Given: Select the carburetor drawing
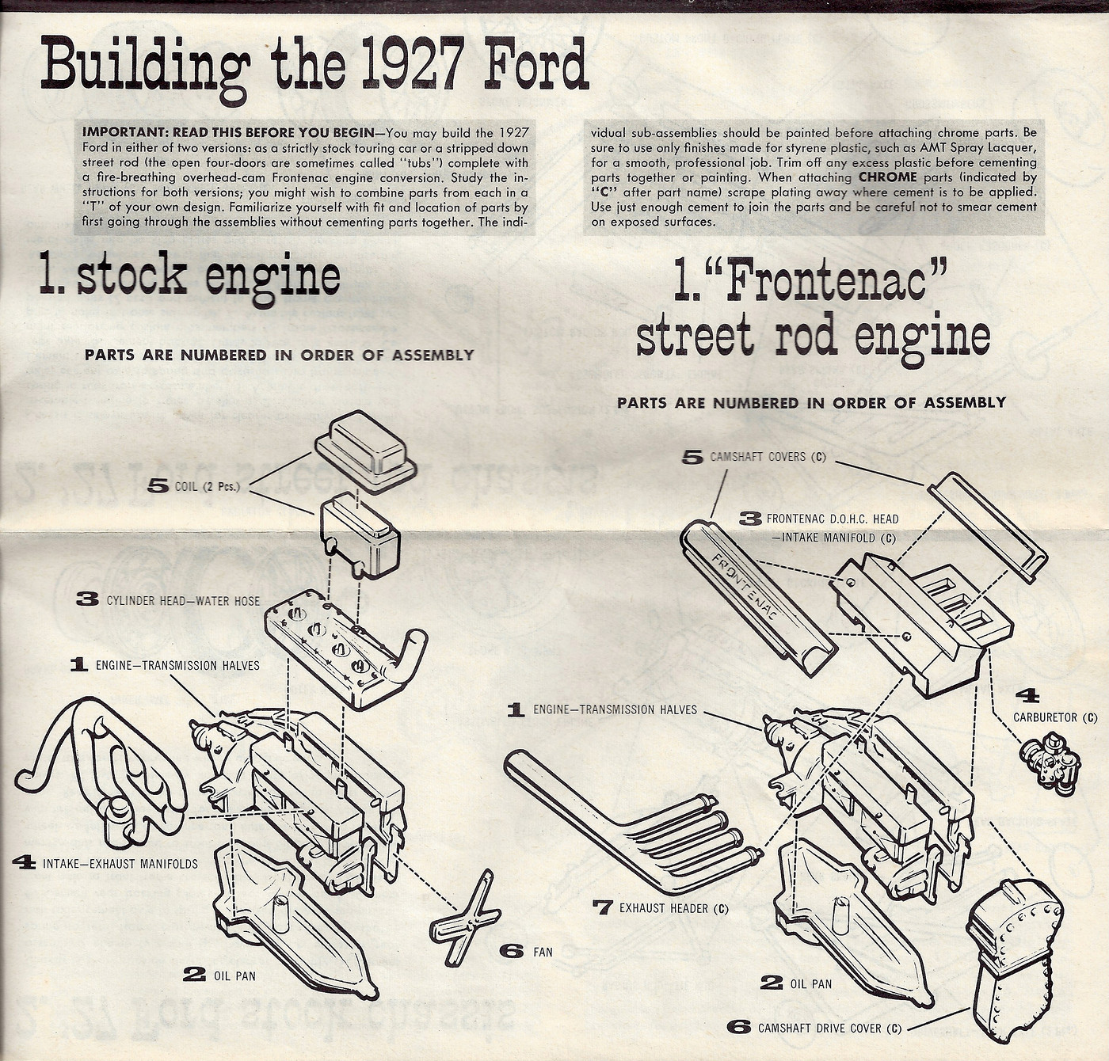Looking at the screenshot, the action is tap(1050, 764).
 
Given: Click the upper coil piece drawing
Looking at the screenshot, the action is tap(366, 451).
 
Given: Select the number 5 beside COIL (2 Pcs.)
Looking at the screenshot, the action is tap(158, 486).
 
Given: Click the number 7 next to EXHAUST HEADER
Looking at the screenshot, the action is tap(602, 907).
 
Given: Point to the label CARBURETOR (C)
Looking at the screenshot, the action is tap(1055, 717).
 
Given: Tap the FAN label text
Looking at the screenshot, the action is tap(543, 952).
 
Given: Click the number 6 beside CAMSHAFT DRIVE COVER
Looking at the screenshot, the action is tap(740, 1028).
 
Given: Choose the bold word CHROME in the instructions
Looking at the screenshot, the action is tap(887, 177).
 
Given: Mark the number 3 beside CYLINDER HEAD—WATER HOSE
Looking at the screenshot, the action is tap(87, 599).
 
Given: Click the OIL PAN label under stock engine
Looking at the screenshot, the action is tap(234, 976).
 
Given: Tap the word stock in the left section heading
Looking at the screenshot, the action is tap(131, 276).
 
